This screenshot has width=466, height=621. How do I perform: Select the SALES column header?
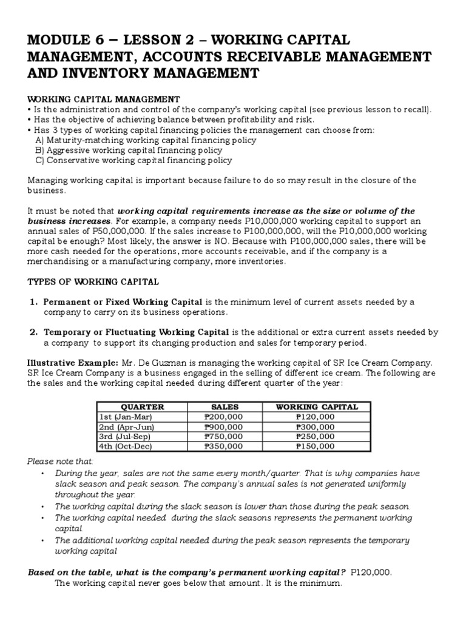coord(225,407)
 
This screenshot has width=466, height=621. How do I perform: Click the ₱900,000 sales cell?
coord(225,427)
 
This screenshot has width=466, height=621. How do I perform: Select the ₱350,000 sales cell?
coord(225,446)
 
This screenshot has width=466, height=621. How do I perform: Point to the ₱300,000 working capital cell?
coord(315,427)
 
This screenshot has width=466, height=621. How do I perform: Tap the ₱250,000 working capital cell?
coord(315,437)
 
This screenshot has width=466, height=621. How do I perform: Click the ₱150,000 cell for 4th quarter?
coord(315,446)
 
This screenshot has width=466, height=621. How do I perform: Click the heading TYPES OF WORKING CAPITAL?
coord(93,282)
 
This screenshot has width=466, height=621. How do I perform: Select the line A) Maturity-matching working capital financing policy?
coord(137,140)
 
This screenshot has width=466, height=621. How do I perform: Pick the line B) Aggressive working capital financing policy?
coord(128,150)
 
